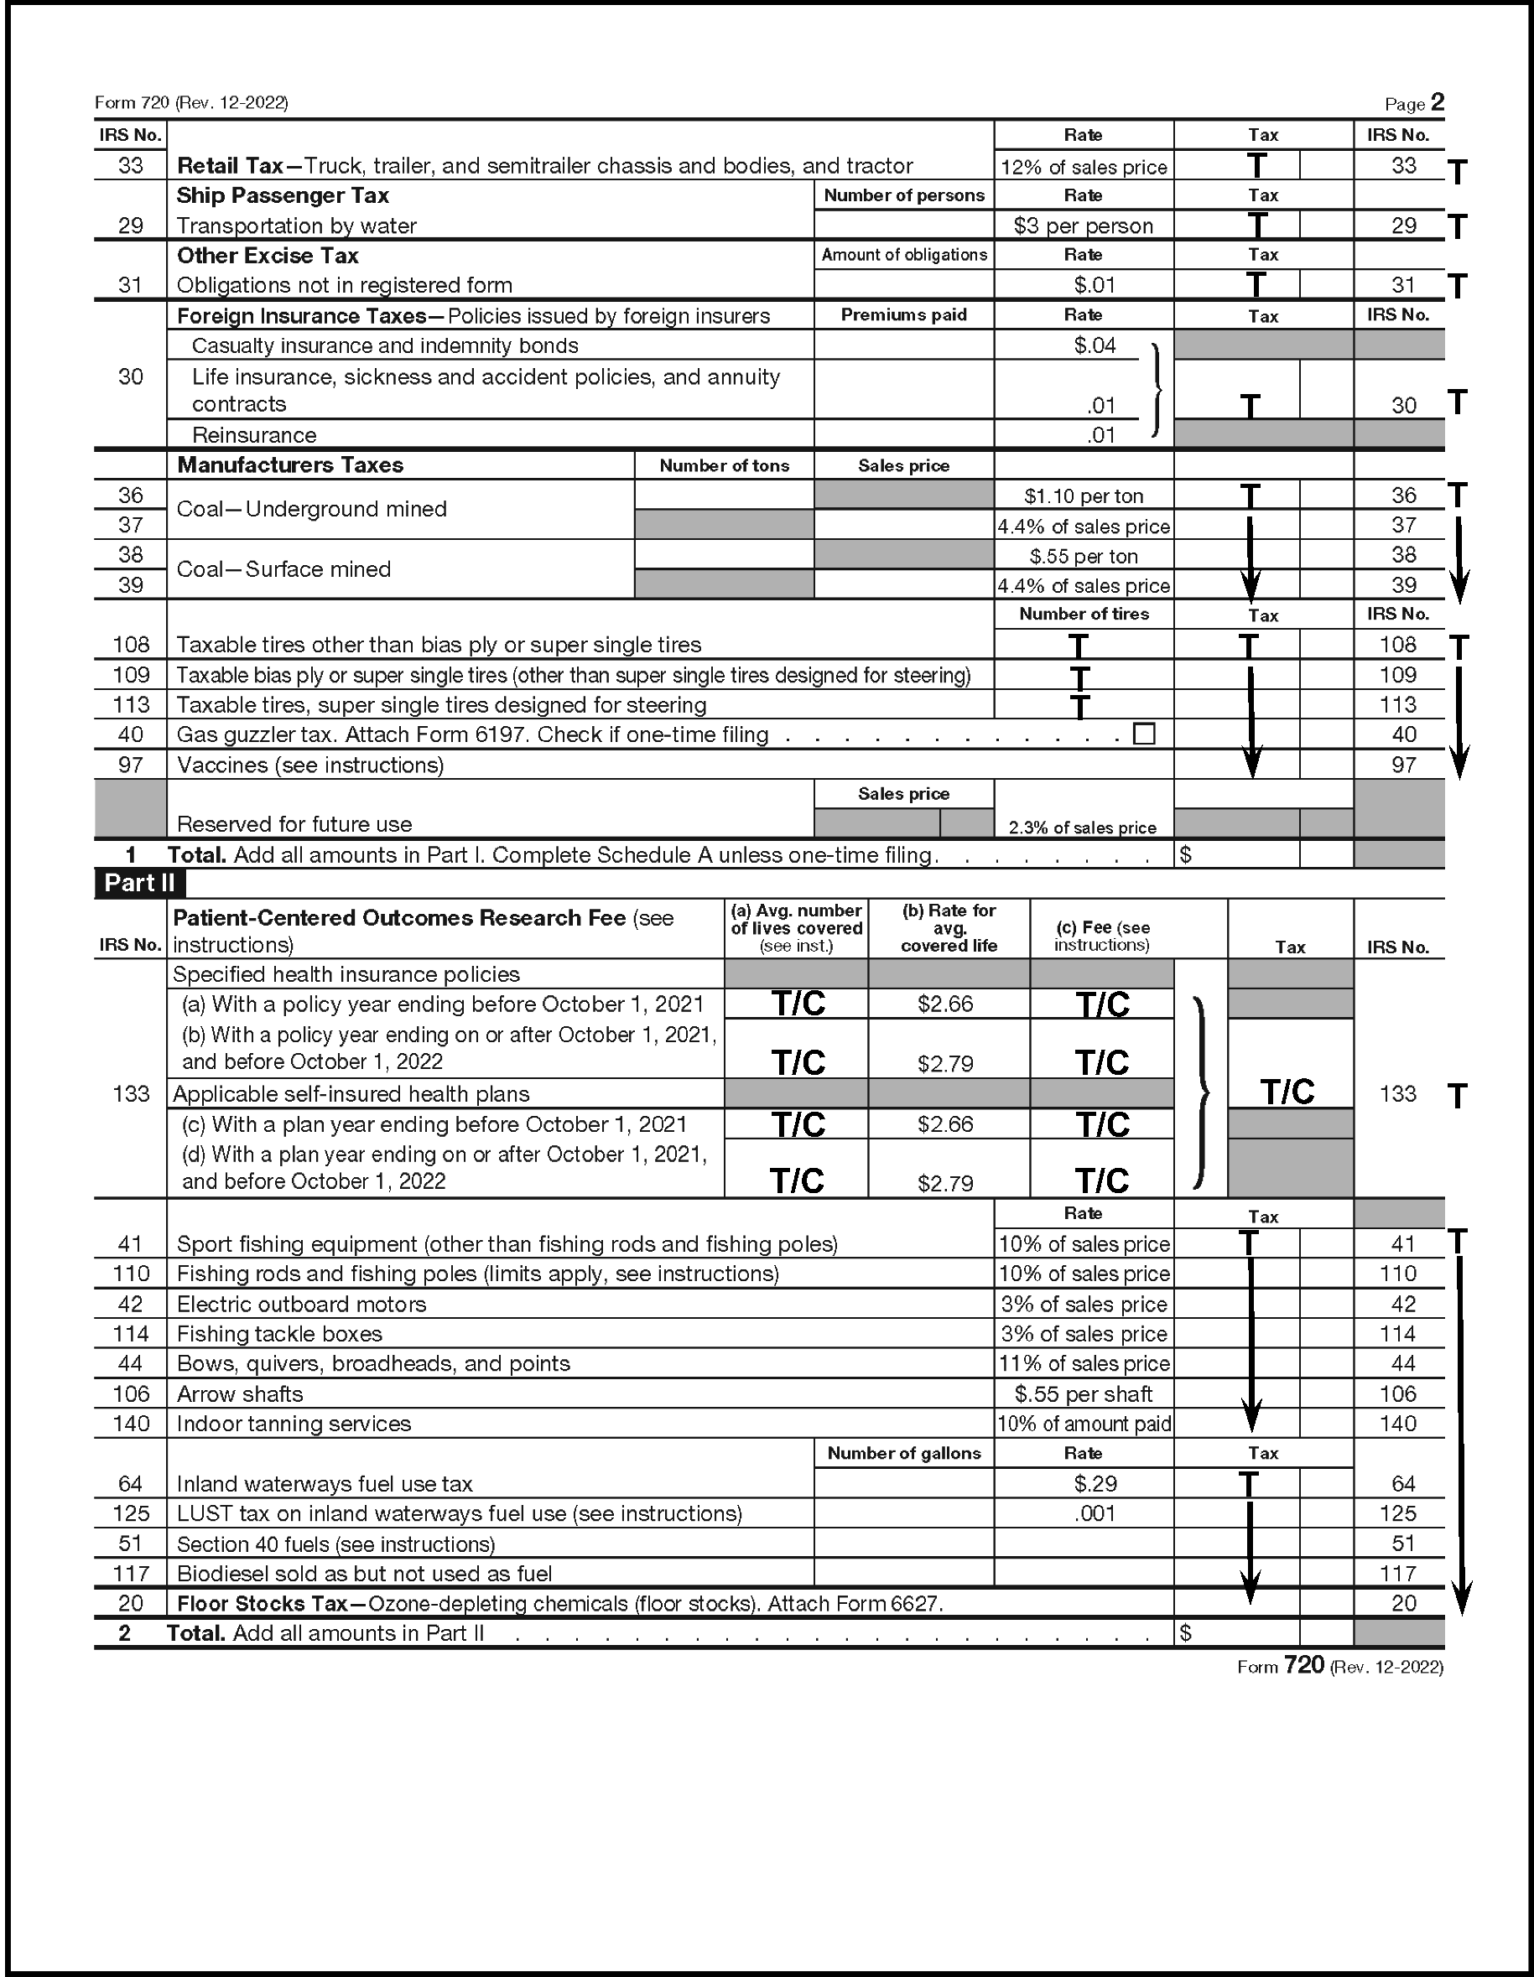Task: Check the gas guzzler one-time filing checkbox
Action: tap(1144, 734)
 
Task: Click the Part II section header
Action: tap(138, 883)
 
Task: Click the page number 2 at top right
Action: tap(1437, 102)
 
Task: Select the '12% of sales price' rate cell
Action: tap(1083, 167)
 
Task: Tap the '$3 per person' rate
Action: tap(1083, 226)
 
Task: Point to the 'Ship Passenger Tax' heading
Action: tap(283, 195)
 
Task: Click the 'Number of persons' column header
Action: tap(904, 195)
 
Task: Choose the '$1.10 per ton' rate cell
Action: tap(1083, 496)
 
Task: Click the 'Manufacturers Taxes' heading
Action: tap(290, 465)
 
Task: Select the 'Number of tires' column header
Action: tap(1083, 614)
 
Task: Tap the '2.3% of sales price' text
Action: tap(1082, 828)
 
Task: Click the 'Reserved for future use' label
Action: tap(294, 823)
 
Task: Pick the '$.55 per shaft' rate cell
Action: tap(1083, 1393)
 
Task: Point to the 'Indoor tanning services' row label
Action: tap(294, 1423)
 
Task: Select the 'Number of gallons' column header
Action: tap(904, 1453)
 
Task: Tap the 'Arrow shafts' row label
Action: tap(240, 1393)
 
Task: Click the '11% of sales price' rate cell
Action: tap(1083, 1363)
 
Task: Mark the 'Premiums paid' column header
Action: tap(904, 315)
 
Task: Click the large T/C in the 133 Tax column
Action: tap(1287, 1092)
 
